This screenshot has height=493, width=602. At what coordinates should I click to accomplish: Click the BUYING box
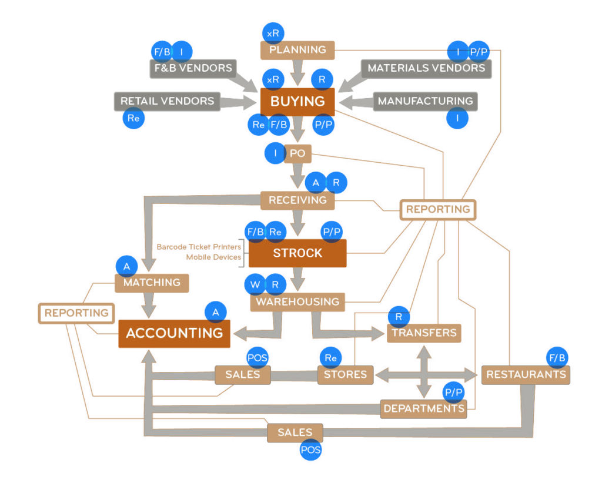coord(297,102)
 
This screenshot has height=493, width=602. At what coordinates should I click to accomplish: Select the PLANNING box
coord(297,50)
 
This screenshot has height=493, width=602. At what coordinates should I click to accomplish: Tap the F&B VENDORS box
coord(192,68)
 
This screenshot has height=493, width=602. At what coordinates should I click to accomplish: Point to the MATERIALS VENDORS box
coord(426,68)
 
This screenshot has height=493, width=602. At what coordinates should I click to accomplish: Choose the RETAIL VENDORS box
coord(167,101)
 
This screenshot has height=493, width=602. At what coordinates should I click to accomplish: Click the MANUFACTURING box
coord(425,101)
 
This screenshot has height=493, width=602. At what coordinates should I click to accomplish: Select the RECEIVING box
coord(297,200)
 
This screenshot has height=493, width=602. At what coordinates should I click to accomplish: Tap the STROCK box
coord(297,253)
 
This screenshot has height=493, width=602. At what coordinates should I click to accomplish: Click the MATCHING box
coord(152,283)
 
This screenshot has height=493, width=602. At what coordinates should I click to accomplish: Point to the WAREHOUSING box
coord(297,302)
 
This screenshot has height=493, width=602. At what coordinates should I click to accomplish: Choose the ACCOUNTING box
coord(175,333)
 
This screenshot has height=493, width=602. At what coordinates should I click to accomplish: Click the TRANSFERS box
coord(424,333)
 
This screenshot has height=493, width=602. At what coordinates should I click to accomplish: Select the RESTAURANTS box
coord(526,374)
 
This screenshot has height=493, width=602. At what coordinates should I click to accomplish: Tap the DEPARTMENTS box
coord(423,408)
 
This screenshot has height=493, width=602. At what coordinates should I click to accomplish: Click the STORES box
coord(345,374)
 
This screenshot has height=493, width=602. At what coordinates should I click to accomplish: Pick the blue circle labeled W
coord(255,286)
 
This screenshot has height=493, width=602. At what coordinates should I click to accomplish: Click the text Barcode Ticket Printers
coord(199,247)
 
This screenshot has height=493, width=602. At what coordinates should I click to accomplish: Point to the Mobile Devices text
coord(213,257)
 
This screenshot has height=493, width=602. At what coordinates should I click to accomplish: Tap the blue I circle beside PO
coord(275,154)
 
